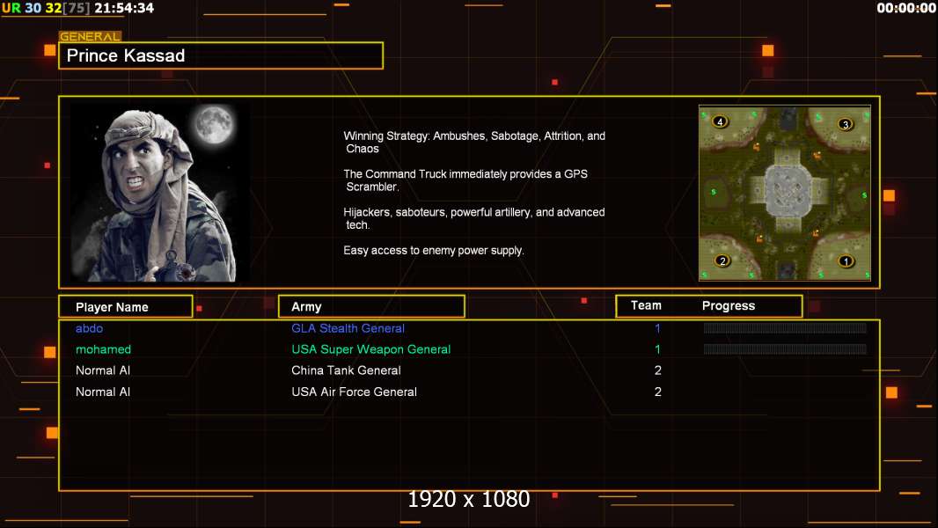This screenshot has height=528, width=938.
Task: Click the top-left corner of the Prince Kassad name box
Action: [59, 42]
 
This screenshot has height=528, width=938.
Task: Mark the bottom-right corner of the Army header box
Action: [465, 317]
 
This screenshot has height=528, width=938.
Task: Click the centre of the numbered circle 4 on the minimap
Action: [720, 121]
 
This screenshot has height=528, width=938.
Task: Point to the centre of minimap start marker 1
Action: [846, 260]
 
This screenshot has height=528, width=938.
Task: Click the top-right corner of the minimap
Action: [871, 106]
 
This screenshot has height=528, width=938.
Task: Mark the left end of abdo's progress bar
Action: [704, 327]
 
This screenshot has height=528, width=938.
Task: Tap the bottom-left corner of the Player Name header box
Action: [59, 317]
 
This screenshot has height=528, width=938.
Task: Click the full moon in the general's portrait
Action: [214, 124]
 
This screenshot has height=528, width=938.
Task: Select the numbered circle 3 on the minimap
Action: [845, 124]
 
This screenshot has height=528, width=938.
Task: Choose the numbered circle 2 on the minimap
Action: [722, 260]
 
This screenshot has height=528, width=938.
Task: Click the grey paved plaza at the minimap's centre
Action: [788, 190]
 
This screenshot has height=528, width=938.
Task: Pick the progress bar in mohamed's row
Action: [786, 349]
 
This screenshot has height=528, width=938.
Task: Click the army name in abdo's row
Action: [348, 328]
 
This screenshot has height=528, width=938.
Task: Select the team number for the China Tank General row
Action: [658, 370]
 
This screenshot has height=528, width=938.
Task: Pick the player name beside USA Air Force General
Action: [103, 392]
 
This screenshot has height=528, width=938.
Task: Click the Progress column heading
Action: [728, 306]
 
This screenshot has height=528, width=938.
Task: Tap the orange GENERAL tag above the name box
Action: [90, 36]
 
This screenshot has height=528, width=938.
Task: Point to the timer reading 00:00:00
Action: [905, 8]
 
